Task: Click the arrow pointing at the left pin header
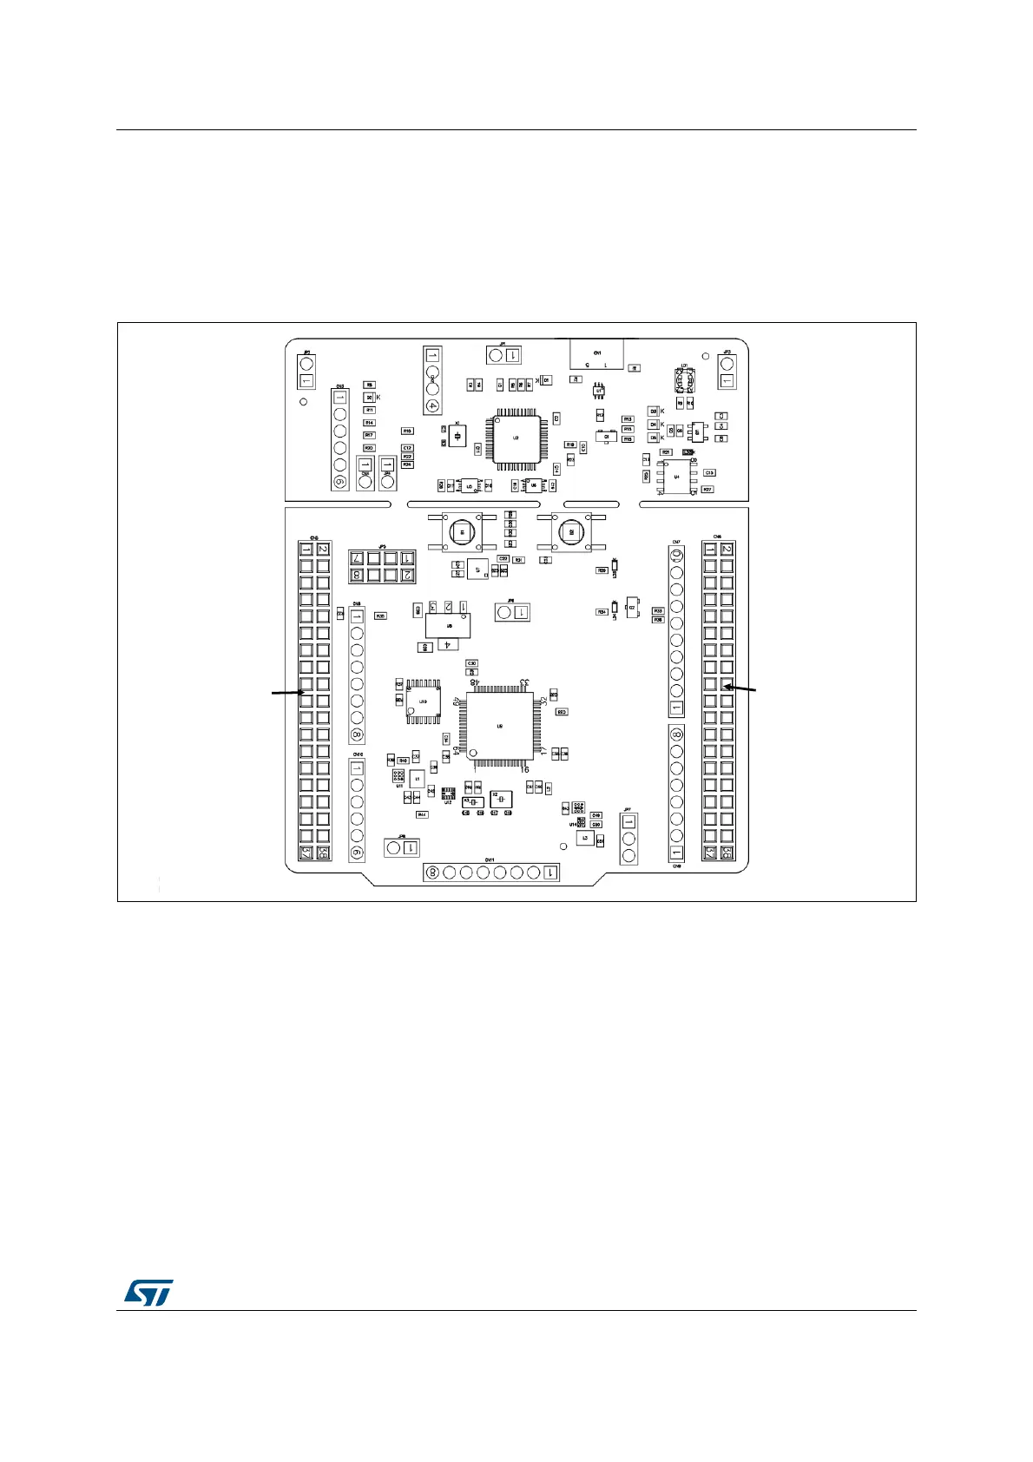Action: point(286,693)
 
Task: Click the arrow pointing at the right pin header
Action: point(741,688)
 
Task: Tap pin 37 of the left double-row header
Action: point(306,853)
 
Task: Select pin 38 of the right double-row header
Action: point(727,853)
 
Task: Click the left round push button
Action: point(462,531)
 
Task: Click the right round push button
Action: point(570,531)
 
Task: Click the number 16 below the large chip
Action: point(523,770)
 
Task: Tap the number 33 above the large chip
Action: point(524,683)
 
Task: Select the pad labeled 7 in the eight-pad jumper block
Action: point(356,558)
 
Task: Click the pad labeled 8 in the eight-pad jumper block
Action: point(356,575)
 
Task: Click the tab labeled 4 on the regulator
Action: point(447,645)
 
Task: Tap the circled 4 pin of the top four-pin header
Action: point(432,405)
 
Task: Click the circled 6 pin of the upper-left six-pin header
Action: point(339,482)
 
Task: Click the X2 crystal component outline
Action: point(501,798)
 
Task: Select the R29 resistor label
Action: point(601,570)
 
